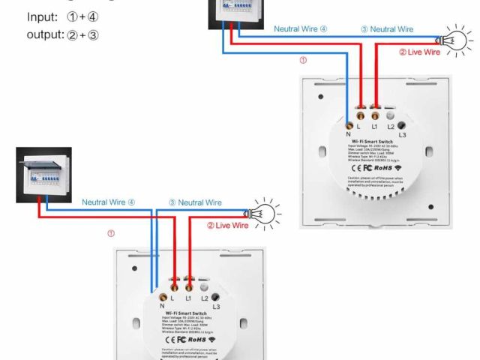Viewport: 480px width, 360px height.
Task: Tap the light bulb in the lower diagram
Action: (x=263, y=211)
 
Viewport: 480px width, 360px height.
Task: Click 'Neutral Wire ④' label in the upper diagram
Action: (x=301, y=29)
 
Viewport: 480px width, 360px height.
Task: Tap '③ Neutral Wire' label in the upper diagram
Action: (x=387, y=29)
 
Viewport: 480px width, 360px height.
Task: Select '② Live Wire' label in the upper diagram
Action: (x=419, y=52)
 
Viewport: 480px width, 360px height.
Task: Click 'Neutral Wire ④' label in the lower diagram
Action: (x=109, y=202)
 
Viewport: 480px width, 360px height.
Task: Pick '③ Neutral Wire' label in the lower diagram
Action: (x=195, y=202)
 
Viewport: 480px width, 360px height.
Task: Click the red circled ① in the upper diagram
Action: (x=303, y=60)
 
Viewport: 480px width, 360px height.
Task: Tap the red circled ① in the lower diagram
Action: (x=111, y=233)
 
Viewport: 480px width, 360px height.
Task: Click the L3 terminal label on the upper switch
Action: (x=402, y=134)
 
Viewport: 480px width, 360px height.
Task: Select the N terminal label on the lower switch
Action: (x=162, y=306)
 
